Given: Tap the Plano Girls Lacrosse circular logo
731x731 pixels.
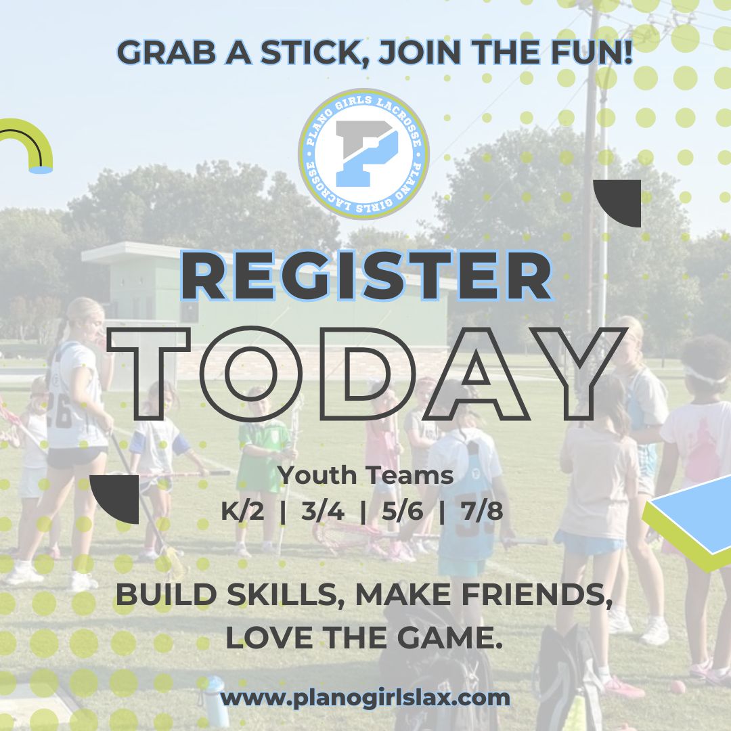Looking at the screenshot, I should [x=363, y=154].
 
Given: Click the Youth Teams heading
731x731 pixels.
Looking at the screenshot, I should [x=365, y=476].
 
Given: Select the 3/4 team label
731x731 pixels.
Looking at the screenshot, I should [x=323, y=512].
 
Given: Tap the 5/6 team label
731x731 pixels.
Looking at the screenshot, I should [x=401, y=512].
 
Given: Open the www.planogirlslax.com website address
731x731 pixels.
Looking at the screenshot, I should [x=365, y=697].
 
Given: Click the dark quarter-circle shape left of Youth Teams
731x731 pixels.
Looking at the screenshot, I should [x=116, y=497].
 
